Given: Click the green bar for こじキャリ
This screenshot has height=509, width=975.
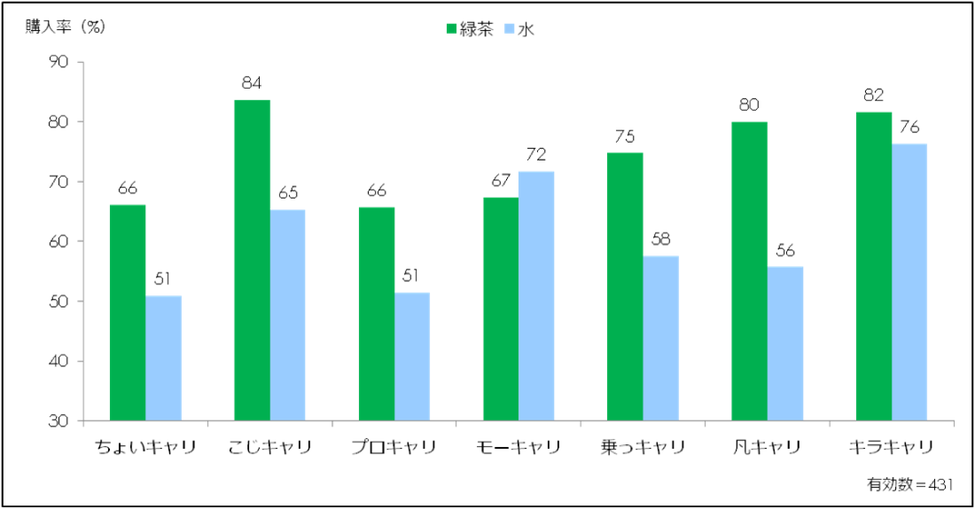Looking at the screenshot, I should [252, 261].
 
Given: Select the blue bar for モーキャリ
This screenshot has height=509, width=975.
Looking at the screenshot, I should [536, 296].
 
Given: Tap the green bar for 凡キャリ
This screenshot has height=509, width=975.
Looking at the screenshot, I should [750, 271].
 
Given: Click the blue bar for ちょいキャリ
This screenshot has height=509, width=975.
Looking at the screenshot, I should [163, 358].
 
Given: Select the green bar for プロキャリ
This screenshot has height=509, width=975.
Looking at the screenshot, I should [377, 314].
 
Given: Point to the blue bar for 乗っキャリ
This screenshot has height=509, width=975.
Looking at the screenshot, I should [661, 339].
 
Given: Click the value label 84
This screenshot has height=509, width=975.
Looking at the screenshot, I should [252, 84].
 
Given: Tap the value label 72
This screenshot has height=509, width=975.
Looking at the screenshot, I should [537, 155].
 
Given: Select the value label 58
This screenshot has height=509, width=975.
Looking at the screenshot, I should [661, 240].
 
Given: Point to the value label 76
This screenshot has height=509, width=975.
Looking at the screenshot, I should [909, 128].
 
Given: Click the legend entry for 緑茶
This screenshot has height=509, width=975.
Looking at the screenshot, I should [469, 28].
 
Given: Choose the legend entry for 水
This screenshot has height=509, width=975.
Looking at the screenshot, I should [520, 28].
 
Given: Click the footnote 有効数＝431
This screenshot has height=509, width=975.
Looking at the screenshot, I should [909, 484].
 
